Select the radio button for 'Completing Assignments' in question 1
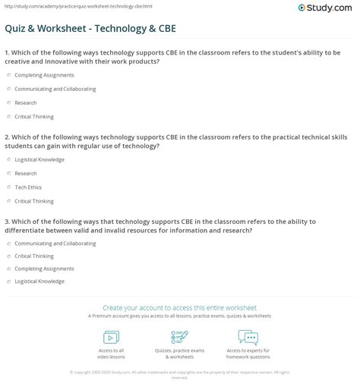point(8,76)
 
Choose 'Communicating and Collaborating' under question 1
point(8,89)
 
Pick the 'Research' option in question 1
point(8,102)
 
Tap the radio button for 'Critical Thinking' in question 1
point(8,116)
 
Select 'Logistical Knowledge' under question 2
point(8,160)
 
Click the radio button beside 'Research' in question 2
point(8,174)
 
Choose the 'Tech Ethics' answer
point(8,187)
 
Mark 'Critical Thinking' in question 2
point(8,201)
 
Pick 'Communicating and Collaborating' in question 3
point(8,244)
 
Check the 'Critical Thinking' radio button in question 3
point(8,256)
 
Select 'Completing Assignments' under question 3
point(8,269)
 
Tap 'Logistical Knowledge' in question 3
point(8,281)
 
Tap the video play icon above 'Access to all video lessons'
point(111,337)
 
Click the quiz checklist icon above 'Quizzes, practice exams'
point(179,337)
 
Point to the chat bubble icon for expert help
point(248,337)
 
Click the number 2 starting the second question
point(6,137)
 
